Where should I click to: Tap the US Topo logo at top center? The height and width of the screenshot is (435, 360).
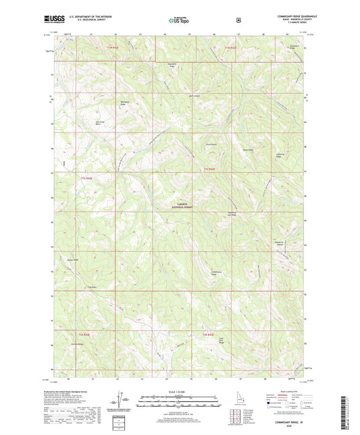click(179, 22)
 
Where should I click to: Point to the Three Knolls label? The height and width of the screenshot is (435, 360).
click(211, 144)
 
